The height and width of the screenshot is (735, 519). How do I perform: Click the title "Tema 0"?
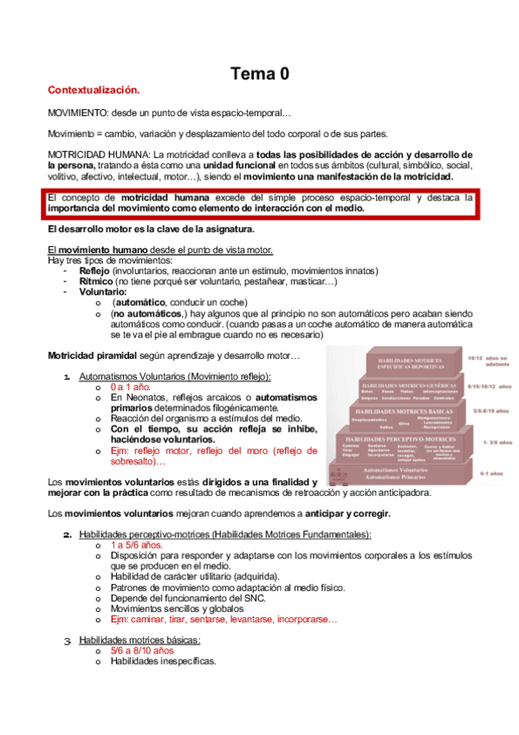[x=259, y=75]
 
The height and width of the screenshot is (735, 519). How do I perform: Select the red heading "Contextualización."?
[x=94, y=90]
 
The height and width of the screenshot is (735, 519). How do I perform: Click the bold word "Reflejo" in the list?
[x=94, y=270]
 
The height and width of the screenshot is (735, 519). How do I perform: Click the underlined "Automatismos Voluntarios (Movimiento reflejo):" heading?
[x=175, y=376]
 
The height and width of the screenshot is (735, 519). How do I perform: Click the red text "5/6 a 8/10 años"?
[x=142, y=650]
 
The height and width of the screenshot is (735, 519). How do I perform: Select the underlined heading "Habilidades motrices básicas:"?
[x=139, y=640]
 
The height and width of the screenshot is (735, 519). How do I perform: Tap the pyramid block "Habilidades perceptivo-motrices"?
[x=405, y=439]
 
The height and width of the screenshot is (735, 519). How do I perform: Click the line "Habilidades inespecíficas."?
[x=163, y=660]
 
